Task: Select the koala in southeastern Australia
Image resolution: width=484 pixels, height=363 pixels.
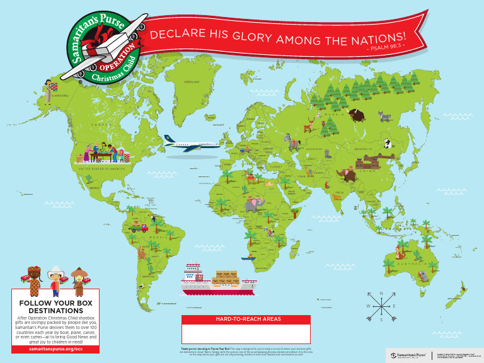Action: click(423, 275)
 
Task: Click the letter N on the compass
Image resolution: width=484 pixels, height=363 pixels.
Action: click(381, 294)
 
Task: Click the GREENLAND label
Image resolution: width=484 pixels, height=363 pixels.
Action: click(191, 82)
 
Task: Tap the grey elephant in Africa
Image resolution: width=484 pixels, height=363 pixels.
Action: click(255, 203)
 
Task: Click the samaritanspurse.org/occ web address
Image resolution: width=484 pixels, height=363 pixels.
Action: click(55, 349)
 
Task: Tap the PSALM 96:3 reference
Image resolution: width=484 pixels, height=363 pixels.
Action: click(386, 48)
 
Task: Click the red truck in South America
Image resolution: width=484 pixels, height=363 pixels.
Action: click(135, 228)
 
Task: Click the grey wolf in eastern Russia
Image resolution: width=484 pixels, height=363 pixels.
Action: click(385, 116)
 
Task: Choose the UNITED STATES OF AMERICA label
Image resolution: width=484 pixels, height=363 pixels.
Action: click(101, 169)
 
